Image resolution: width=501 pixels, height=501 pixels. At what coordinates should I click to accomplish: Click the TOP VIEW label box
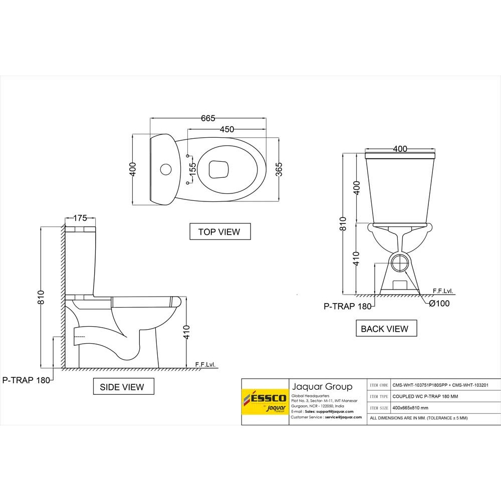pos(219,231)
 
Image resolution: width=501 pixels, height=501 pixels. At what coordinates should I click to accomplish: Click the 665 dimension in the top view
pos(208,118)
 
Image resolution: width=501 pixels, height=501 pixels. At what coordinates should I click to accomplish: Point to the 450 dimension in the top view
pos(226,129)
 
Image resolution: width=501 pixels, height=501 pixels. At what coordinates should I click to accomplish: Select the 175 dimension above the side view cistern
pos(80,218)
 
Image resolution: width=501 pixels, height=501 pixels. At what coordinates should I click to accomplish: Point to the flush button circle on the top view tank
pos(164,169)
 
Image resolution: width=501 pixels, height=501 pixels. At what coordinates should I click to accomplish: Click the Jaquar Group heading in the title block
pos(322,386)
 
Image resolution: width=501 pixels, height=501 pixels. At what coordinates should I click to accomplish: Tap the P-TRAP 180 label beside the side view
pos(26,380)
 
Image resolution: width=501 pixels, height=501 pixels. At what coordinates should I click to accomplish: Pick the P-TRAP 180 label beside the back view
pos(347,307)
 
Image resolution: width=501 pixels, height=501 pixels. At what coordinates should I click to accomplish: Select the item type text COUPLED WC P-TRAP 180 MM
pos(425,396)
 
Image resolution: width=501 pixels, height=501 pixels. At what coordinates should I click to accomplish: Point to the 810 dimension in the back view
pos(343,223)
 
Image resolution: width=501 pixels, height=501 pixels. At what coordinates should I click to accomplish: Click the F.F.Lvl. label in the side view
pos(204,364)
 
